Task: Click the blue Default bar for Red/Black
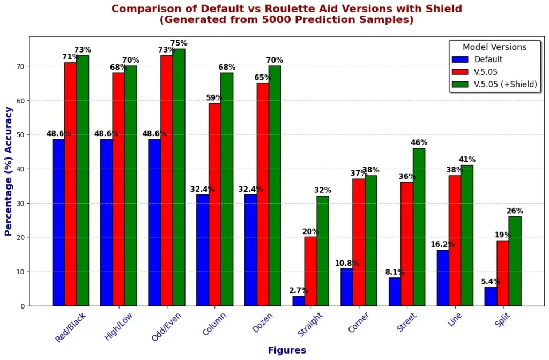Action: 58,222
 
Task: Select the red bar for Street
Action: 407,244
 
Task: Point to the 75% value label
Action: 179,43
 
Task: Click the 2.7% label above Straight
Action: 299,290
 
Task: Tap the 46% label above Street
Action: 419,142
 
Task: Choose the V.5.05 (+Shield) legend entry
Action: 506,84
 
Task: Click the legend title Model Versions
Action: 494,47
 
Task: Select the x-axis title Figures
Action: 287,350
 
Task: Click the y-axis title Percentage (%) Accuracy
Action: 9,171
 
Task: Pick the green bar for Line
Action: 466,235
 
